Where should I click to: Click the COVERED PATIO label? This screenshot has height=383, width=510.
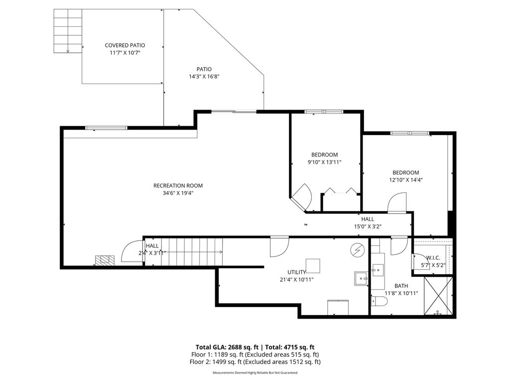[x=125, y=45]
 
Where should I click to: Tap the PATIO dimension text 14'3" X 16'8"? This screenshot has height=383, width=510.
[x=204, y=77]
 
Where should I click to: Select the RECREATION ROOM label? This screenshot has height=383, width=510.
[x=178, y=186]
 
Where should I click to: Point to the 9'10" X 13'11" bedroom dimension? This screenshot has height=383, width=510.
[x=324, y=162]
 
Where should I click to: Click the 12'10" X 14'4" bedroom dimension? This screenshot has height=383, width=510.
[x=406, y=180]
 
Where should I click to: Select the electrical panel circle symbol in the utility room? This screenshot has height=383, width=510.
[x=357, y=249]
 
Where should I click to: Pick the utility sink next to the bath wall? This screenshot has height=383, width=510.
[x=361, y=278]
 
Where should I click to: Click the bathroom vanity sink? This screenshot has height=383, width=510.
[x=377, y=270]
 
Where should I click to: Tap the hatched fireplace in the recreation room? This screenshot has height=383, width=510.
[x=105, y=260]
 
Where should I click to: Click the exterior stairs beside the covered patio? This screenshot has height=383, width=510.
[x=68, y=31]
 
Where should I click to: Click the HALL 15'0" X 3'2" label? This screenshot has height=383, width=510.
[x=368, y=222]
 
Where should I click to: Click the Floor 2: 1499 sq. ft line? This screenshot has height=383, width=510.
[x=255, y=362]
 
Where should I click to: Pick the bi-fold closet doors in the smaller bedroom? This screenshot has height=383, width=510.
[x=341, y=191]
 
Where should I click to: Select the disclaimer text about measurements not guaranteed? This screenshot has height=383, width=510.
[x=255, y=373]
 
